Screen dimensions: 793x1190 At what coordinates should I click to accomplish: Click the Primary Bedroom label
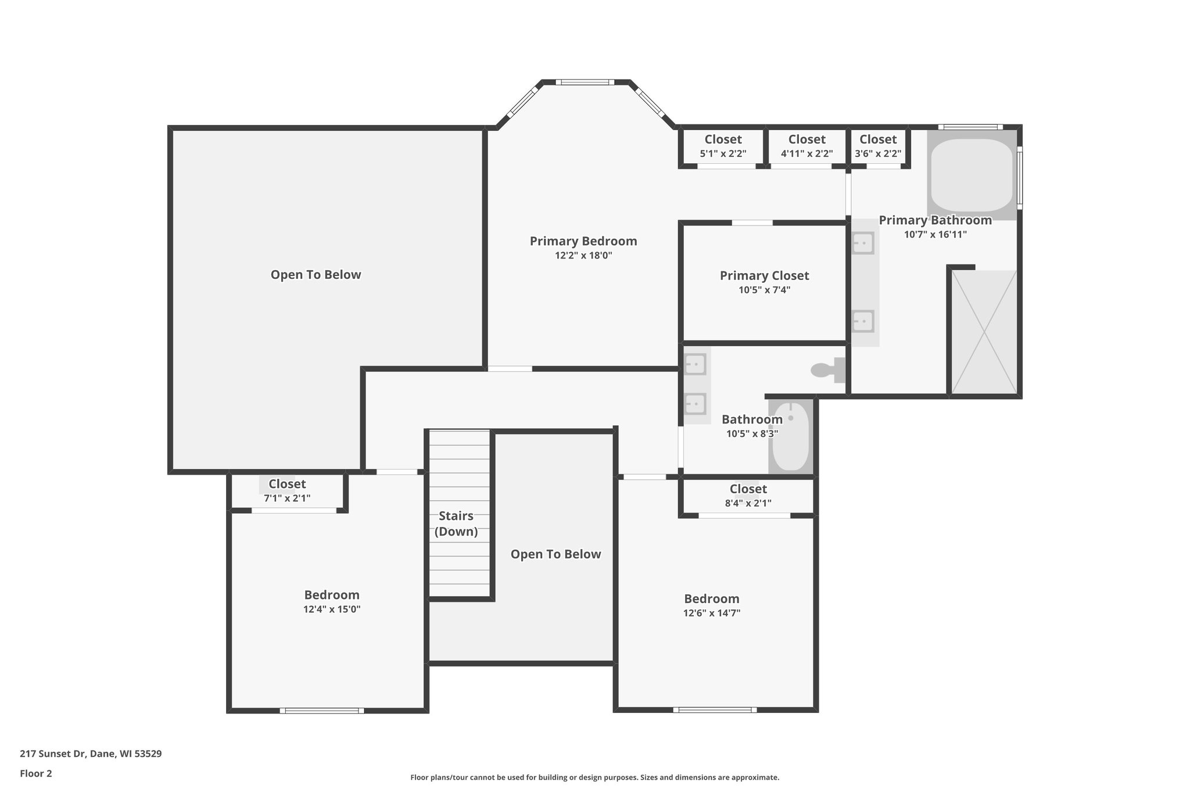tap(583, 241)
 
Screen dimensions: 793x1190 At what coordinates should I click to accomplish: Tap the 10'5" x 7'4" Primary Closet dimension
tap(764, 290)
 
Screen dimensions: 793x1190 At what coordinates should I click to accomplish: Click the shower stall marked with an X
tap(984, 332)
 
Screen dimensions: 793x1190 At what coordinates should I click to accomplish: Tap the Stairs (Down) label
tap(456, 523)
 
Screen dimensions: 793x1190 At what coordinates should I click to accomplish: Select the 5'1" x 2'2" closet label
tap(723, 139)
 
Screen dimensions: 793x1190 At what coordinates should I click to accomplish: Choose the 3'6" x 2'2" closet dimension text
tap(878, 154)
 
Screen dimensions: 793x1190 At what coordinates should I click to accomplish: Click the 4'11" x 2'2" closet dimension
tap(807, 154)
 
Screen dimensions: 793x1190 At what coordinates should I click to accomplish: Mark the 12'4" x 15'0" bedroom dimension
tap(332, 609)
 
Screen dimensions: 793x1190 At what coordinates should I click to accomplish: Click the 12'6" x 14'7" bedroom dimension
tap(711, 613)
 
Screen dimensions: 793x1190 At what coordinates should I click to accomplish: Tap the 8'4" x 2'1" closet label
tap(748, 489)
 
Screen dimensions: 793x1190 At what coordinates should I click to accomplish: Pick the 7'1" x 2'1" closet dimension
tap(287, 498)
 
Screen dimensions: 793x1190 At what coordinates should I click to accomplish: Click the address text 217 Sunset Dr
tap(91, 754)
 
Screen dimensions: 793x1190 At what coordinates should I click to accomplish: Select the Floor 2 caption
tap(36, 773)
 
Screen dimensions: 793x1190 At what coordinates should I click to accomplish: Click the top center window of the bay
tap(585, 82)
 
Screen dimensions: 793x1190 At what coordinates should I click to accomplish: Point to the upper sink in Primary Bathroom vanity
tap(863, 242)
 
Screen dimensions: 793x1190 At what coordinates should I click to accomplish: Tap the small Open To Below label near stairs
tap(555, 554)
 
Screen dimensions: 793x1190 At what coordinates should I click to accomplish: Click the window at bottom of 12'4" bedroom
tap(322, 711)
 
